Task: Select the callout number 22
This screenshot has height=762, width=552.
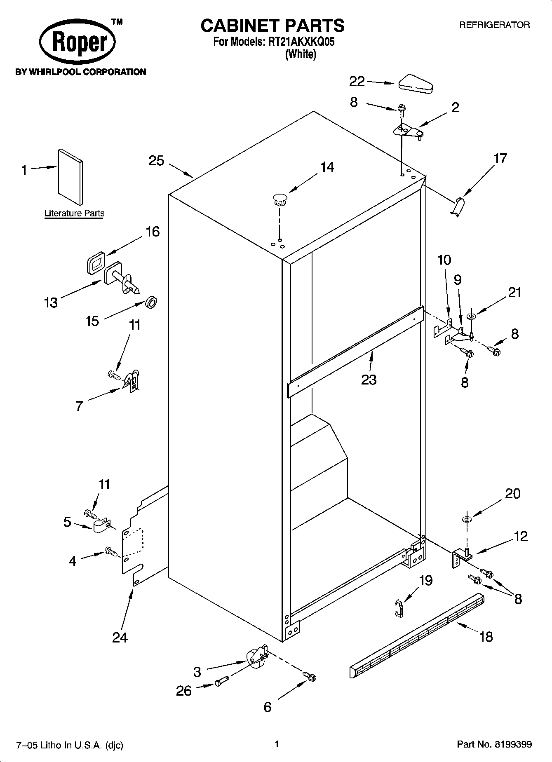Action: coord(357,82)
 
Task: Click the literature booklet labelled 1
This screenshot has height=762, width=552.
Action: coord(70,177)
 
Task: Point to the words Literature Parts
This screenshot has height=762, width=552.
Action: coord(74,213)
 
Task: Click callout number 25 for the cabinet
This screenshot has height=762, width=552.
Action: coord(156,161)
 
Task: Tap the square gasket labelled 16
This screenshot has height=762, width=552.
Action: coord(96,262)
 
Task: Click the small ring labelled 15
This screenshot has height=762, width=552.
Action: coord(151,303)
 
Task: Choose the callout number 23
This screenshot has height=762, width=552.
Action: coord(369,379)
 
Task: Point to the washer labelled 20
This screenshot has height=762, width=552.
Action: coord(467,518)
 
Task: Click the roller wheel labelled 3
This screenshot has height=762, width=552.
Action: coord(256,658)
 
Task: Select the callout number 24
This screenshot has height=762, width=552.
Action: coord(120,638)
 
